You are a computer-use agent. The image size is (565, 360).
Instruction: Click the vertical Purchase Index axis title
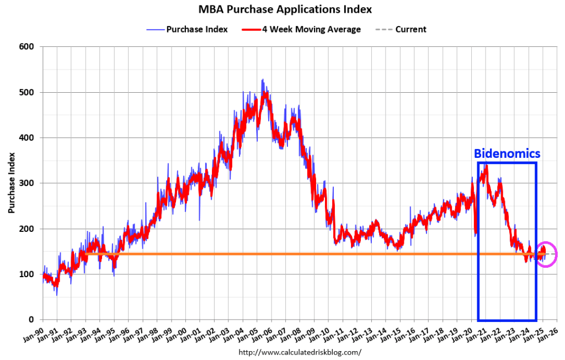point(12,183)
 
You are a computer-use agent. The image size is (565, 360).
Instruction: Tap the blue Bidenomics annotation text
point(507,153)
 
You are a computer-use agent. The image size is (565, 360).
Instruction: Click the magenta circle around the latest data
point(546,254)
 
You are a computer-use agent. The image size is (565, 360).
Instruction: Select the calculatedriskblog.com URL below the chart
point(300,352)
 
